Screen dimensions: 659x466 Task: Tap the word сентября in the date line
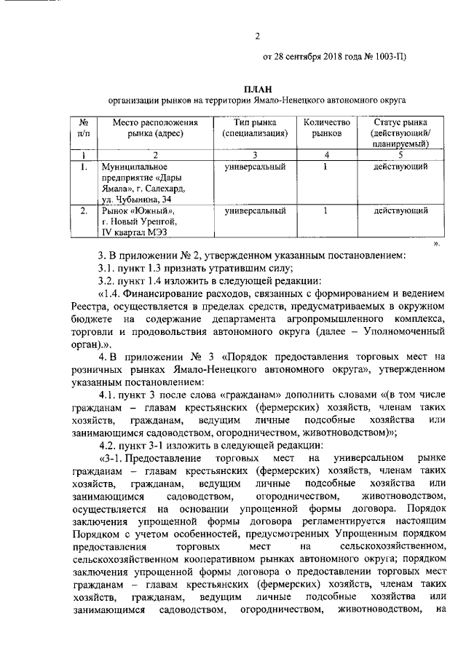(307, 58)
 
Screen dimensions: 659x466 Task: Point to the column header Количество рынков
(326, 127)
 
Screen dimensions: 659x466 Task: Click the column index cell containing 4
(326, 154)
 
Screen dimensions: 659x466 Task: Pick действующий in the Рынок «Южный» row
(400, 211)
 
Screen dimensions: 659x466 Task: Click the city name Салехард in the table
(163, 189)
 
